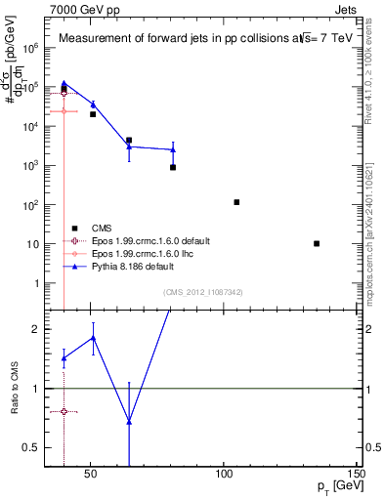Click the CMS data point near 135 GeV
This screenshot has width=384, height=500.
(317, 243)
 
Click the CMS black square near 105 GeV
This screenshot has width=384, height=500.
(236, 202)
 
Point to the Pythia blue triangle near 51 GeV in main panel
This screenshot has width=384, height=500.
(93, 104)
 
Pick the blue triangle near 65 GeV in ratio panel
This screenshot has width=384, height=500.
(129, 421)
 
